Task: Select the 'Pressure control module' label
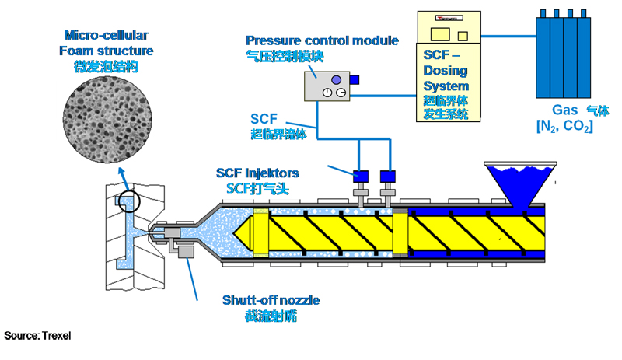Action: coord(322,40)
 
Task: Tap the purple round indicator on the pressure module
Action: coord(336,79)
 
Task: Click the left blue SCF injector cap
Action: coord(360,176)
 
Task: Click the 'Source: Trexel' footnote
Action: coord(38,336)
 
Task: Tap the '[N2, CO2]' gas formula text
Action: coord(564,125)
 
